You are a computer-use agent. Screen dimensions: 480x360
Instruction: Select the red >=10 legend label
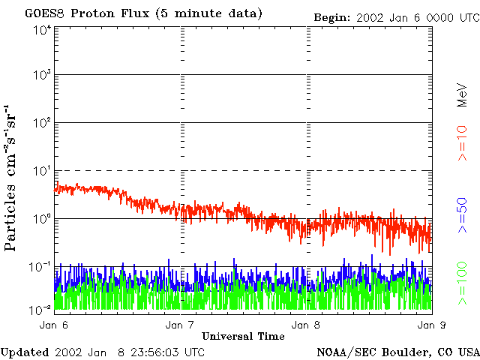463,143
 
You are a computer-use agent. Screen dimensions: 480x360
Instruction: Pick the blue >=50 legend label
463,215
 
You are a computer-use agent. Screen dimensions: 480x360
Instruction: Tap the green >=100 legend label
463,283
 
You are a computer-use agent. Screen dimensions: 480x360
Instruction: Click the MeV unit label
463,95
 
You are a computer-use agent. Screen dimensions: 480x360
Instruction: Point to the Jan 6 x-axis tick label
54,325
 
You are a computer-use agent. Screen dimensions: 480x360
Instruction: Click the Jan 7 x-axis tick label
180,325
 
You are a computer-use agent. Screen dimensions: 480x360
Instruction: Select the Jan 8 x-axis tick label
306,325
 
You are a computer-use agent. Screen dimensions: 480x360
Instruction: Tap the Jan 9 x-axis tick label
432,325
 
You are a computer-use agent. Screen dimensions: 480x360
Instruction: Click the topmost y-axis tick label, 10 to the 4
41,31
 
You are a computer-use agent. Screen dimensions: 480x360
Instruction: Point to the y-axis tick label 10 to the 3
41,74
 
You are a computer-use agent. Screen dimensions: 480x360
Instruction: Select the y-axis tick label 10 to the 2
41,122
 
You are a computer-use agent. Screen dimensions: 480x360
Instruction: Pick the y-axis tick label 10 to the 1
41,170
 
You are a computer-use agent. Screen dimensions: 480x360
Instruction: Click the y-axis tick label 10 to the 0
41,218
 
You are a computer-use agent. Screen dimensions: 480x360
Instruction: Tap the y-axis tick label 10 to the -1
40,266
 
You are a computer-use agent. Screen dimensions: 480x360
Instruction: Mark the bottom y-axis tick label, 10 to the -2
40,310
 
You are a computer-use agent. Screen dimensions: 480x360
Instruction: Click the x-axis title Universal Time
243,337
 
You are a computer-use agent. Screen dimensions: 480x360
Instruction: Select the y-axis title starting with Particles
10,178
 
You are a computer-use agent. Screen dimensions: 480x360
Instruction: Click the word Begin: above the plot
332,18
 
